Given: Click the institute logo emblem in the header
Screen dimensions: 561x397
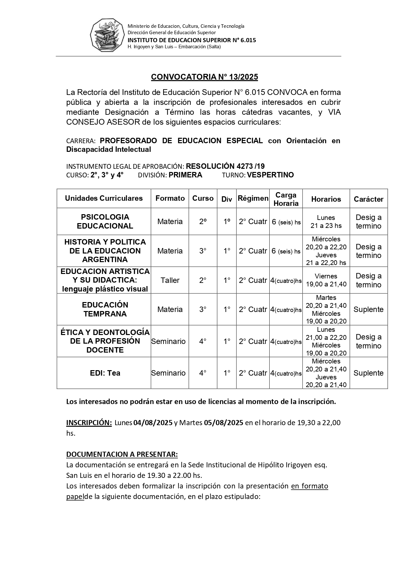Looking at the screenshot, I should click(107, 35).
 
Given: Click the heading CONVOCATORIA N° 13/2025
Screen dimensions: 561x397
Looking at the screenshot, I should click(204, 77).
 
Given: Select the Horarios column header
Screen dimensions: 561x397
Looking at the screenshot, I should click(326, 199).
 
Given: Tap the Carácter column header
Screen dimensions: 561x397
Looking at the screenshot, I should click(368, 199).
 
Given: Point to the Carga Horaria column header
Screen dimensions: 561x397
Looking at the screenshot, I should click(286, 199).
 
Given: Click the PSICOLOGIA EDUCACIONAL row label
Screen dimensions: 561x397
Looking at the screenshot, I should click(105, 222).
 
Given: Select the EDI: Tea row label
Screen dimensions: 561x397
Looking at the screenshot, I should click(105, 373).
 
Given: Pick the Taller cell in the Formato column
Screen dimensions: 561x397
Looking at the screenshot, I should click(170, 280).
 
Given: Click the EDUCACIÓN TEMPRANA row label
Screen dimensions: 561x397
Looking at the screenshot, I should click(105, 309).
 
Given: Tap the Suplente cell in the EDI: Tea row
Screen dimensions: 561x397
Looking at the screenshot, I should click(368, 373).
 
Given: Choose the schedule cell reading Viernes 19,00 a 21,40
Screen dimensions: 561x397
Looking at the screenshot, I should click(326, 280).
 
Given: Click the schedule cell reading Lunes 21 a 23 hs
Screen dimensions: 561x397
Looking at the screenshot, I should click(326, 222).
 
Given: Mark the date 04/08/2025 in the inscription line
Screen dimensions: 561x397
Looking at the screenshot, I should click(153, 423).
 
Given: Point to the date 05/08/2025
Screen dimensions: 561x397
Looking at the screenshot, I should click(224, 423).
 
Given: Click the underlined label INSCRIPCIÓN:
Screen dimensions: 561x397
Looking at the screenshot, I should click(89, 423).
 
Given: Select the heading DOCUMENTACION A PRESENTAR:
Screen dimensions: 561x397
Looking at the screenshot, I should click(122, 454).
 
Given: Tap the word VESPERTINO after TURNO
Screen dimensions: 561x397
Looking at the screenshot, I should click(270, 175).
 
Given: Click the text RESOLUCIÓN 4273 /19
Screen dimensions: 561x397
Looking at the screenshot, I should click(225, 166).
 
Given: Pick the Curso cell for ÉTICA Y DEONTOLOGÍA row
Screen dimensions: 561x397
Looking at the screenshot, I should click(203, 341).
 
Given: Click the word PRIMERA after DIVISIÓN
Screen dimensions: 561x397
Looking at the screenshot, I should click(186, 175).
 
